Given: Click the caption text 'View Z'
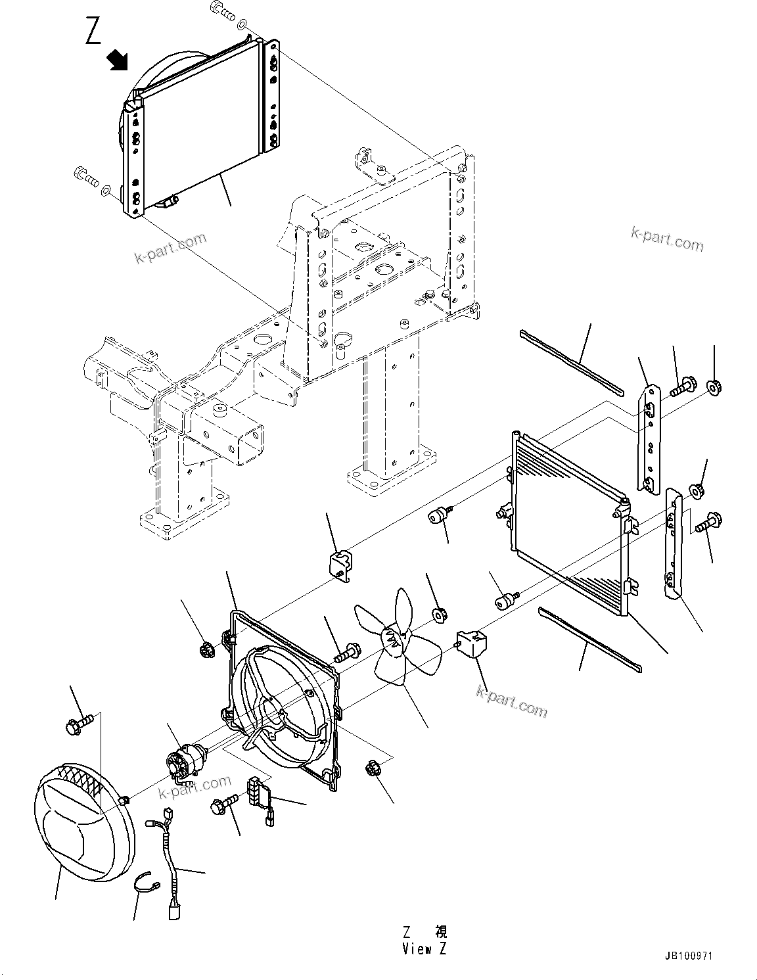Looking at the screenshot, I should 426,949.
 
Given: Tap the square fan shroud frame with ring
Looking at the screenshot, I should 283,697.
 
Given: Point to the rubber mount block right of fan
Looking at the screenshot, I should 472,643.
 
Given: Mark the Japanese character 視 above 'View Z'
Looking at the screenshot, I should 440,932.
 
